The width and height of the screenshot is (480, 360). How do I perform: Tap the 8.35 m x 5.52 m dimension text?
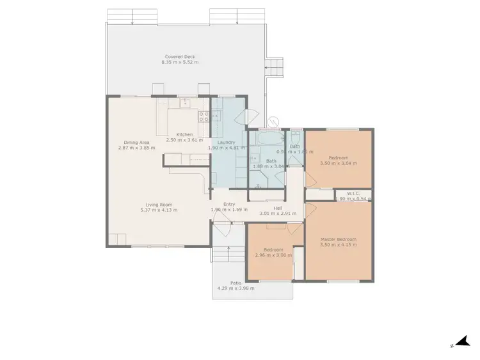pos(181,63)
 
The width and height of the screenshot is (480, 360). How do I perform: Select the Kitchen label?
pos(184,134)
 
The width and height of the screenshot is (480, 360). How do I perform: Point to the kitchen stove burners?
pos(204,116)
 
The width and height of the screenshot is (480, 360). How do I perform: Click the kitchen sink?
pos(186,103)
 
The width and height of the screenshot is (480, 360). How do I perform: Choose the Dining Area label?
pos(136,142)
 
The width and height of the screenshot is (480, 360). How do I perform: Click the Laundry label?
pos(226,142)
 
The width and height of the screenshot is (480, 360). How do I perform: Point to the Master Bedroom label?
pos(339,239)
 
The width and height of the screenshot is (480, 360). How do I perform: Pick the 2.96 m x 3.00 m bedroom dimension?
pos(274,255)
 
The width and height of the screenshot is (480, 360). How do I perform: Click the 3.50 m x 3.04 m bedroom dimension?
pos(339,163)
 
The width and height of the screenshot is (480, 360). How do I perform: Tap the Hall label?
pos(278,208)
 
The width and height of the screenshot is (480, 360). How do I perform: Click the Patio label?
pos(236,283)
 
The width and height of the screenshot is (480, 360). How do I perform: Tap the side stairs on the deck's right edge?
pos(274,67)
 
